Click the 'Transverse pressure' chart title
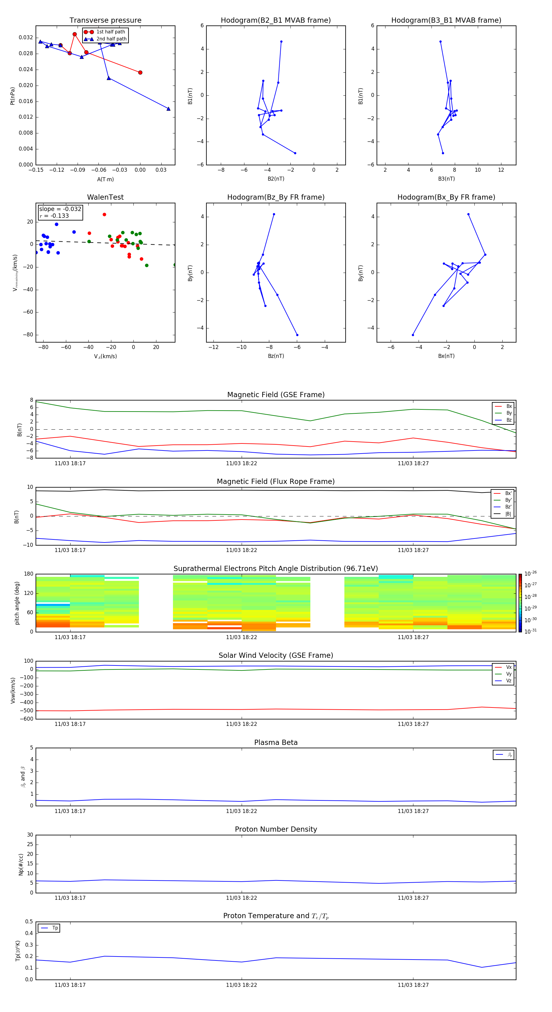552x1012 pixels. pos(105,21)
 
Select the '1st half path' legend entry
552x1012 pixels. pos(110,32)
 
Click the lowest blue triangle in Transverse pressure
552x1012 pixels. pos(169,109)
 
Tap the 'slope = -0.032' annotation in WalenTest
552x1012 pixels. pos(60,209)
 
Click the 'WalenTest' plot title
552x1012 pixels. pos(105,197)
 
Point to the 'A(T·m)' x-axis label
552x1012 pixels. pos(105,179)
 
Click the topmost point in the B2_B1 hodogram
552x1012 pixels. pos(281,42)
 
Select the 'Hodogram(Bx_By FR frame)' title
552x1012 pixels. pos(446,197)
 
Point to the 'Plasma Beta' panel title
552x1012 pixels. pos(276,742)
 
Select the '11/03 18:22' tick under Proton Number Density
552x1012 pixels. pos(241,898)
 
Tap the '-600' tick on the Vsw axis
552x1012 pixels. pos(27,719)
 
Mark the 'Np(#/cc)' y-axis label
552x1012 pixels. pos(21,864)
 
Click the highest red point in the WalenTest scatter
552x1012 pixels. pos(105,214)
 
